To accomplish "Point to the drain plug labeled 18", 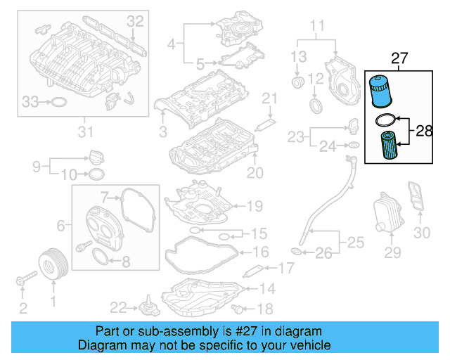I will click(x=242, y=308).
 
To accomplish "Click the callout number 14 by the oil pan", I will click(x=267, y=288).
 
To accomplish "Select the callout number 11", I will click(x=318, y=29).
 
